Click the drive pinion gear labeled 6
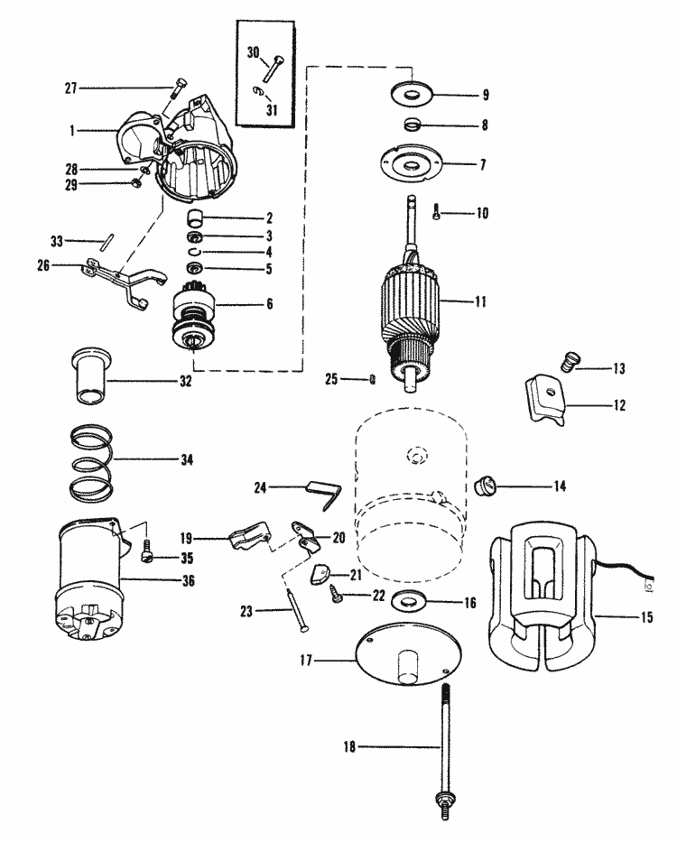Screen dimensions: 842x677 point(197,317)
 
